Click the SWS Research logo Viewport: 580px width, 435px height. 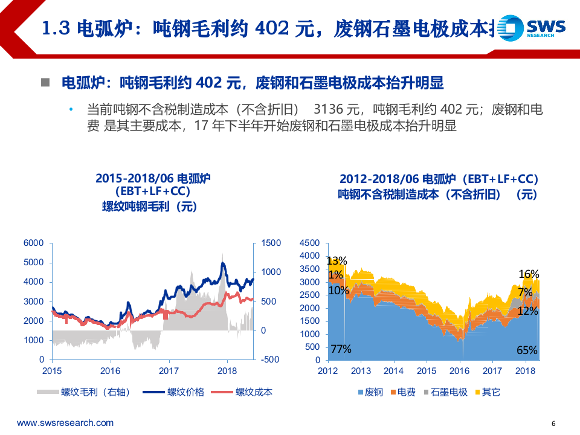coord(535,28)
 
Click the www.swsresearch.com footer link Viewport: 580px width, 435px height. coord(65,423)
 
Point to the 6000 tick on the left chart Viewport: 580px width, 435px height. coord(34,243)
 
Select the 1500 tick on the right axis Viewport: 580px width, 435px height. coord(271,243)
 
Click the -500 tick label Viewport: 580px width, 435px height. coord(269,359)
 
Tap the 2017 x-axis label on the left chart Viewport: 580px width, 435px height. coord(169,371)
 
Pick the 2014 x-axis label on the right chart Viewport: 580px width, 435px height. coord(394,371)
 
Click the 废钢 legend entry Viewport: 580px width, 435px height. coord(373,392)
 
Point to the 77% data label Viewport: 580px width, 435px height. coord(341,349)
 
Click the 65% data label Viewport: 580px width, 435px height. coord(527,350)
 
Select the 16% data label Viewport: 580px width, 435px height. coord(529,274)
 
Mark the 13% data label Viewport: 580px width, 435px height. coord(337,261)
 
